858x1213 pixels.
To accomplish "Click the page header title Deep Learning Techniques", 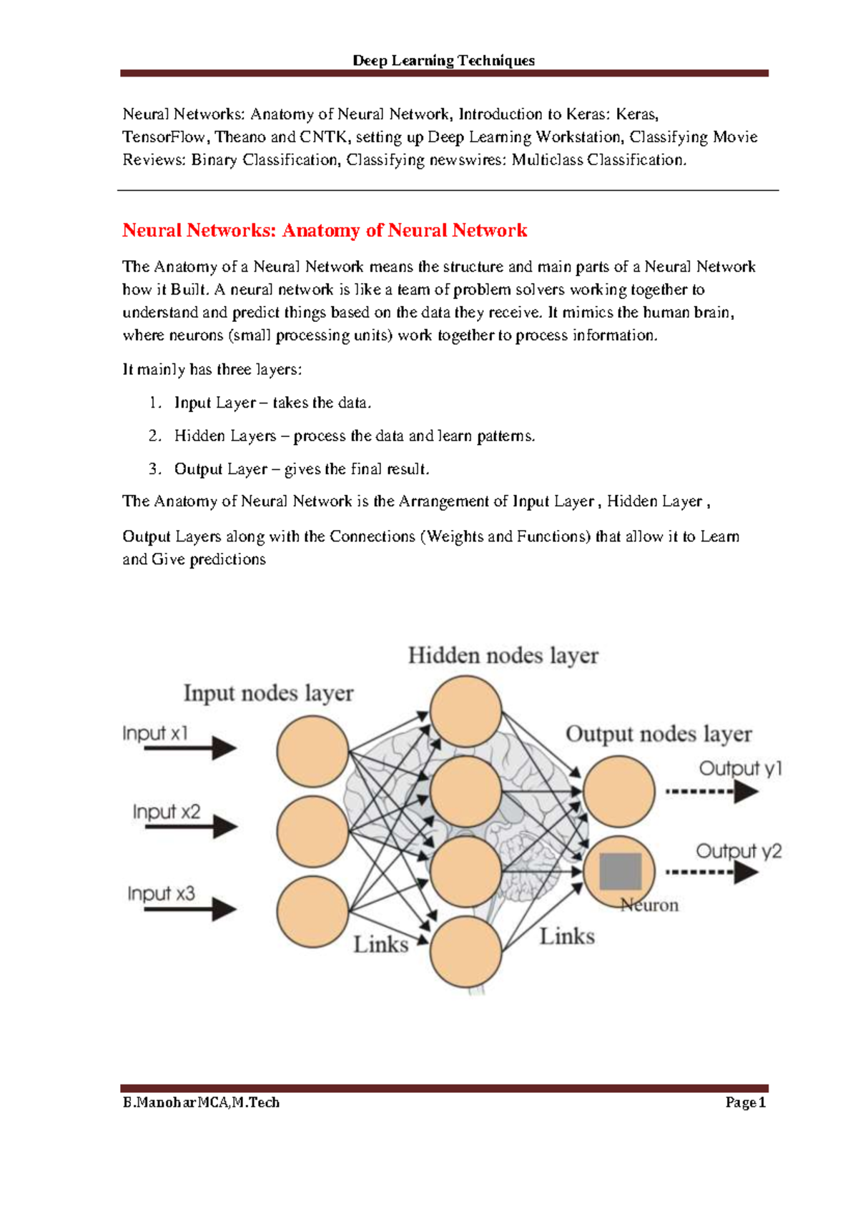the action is click(443, 60).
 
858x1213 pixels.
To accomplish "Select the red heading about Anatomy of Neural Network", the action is click(325, 230).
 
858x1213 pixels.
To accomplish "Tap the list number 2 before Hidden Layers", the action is click(155, 436).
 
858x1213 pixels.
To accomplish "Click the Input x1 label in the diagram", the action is click(155, 733).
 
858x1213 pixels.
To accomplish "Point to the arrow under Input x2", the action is click(190, 827).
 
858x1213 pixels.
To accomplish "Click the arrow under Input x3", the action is click(190, 909).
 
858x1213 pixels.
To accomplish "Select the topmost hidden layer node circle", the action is click(465, 711).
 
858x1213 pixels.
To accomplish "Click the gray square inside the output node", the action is click(621, 872).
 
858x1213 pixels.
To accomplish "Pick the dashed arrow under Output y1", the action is click(712, 792).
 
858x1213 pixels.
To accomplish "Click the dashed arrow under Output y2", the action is click(712, 873).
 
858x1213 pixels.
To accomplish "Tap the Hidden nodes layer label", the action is click(503, 656).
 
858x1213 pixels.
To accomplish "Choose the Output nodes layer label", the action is click(659, 735).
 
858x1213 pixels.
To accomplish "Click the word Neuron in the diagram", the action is click(649, 905).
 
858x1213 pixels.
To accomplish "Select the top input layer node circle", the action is click(312, 751).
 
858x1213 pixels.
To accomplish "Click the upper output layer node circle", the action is click(618, 791).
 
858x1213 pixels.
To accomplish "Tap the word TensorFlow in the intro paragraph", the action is click(164, 137).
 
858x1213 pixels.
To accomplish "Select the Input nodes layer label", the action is click(269, 693).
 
